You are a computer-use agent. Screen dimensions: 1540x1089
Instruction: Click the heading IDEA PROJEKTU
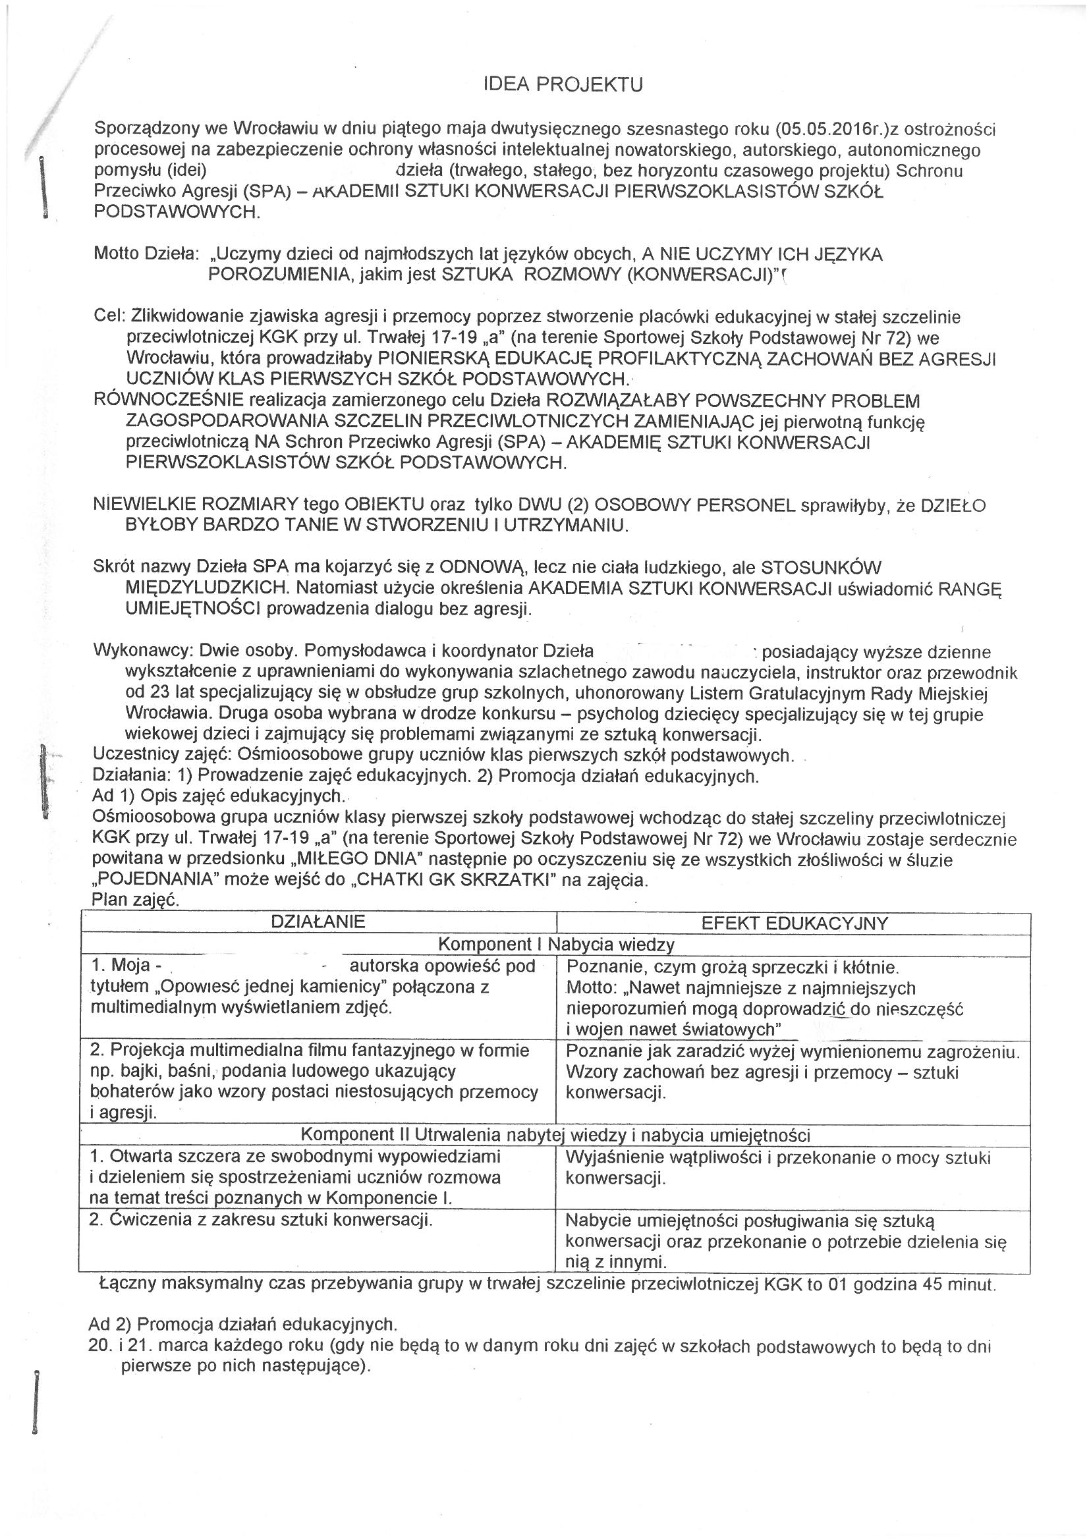coord(563,84)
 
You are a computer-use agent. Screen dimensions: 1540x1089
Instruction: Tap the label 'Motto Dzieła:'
coord(146,254)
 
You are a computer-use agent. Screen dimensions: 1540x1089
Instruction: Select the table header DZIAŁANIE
coord(318,921)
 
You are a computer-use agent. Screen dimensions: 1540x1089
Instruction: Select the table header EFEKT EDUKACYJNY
coord(794,923)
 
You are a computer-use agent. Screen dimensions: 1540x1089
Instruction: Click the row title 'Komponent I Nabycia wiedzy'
coord(555,945)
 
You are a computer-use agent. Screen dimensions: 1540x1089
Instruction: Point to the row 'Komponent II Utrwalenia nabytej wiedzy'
coord(555,1135)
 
